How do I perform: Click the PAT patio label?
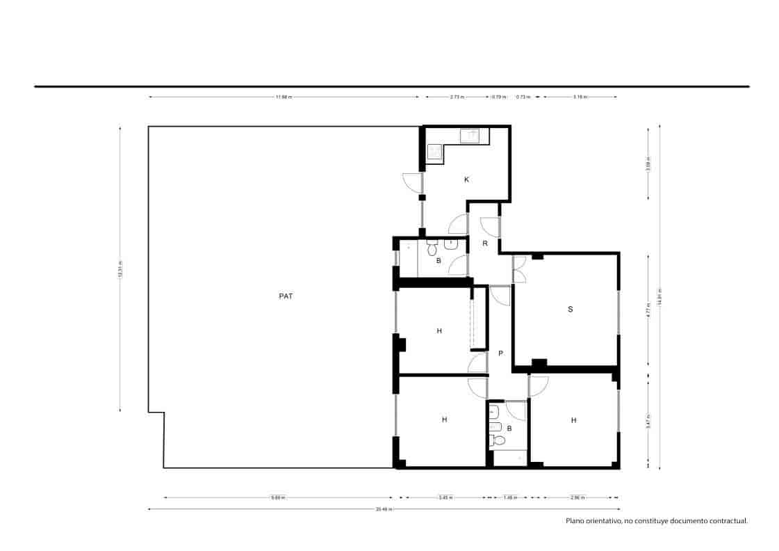(x=286, y=296)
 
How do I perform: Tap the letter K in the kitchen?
(x=466, y=179)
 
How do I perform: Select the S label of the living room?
(x=570, y=309)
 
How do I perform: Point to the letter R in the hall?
(x=484, y=243)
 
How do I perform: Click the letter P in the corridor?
(x=500, y=353)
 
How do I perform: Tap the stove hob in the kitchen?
(x=435, y=152)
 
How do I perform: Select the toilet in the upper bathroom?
(x=432, y=248)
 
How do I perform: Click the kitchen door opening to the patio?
(x=413, y=182)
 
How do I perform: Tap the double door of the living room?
(x=519, y=269)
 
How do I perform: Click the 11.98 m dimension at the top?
(x=284, y=97)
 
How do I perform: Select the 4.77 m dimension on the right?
(x=648, y=310)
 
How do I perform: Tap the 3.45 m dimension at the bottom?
(x=445, y=497)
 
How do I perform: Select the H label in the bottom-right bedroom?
(x=573, y=420)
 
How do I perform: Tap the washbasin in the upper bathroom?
(x=450, y=244)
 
